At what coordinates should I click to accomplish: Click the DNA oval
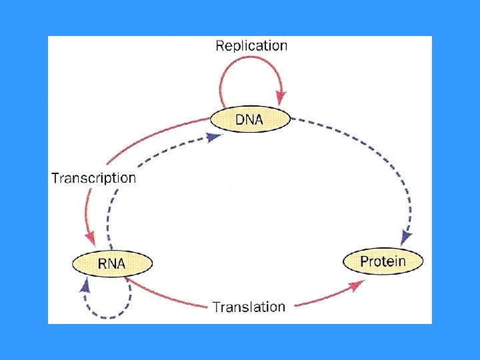(x=251, y=120)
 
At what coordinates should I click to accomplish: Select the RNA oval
(x=112, y=263)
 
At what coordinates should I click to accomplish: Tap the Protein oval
(x=383, y=261)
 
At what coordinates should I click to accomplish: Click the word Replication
(x=251, y=46)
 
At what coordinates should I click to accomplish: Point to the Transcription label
(x=93, y=178)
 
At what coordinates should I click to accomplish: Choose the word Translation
(x=249, y=307)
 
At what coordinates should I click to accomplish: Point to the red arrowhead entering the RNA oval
(x=91, y=238)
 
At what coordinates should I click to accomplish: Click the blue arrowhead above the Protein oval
(x=406, y=237)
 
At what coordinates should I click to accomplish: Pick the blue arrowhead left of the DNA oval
(x=213, y=137)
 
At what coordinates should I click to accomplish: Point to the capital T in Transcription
(x=55, y=178)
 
